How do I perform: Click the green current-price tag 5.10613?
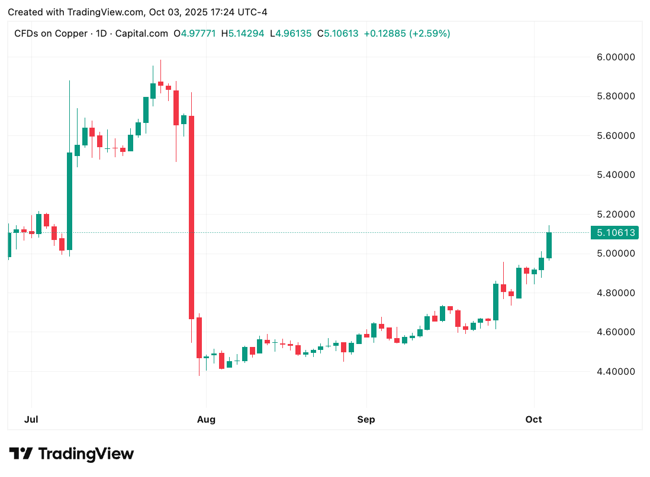point(616,233)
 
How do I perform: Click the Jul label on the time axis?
point(31,420)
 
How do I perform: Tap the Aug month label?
point(206,420)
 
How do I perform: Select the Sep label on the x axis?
point(366,420)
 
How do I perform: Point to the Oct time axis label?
point(534,420)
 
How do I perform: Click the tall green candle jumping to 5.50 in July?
point(69,201)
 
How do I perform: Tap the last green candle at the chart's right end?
point(549,245)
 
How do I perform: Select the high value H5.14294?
point(243,34)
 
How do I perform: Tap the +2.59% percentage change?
point(431,34)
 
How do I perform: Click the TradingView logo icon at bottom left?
point(20,454)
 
